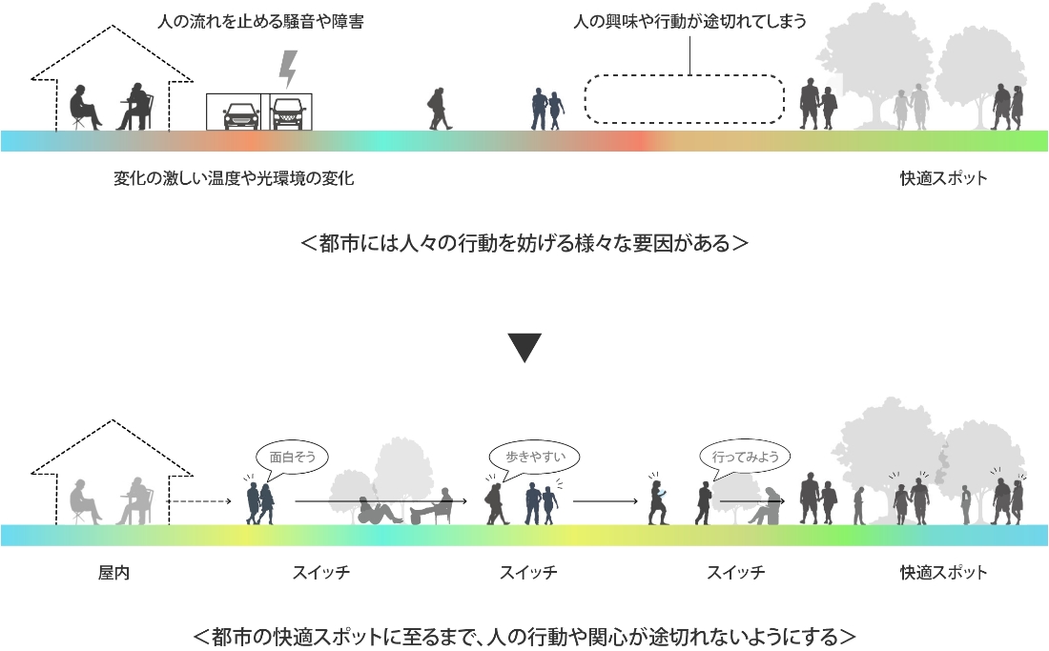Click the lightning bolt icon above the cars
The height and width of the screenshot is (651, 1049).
pyautogui.click(x=287, y=69)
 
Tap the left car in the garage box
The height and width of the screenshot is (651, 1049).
pyautogui.click(x=240, y=114)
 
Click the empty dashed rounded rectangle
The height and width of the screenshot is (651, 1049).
pyautogui.click(x=684, y=98)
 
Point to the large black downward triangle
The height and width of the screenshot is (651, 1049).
pyautogui.click(x=524, y=347)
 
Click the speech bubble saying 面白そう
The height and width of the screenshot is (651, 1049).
pyautogui.click(x=291, y=457)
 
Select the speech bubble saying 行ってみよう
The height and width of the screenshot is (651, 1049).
pyautogui.click(x=745, y=457)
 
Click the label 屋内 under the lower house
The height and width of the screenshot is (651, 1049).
pyautogui.click(x=113, y=573)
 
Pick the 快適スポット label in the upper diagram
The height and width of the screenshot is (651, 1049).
pyautogui.click(x=943, y=178)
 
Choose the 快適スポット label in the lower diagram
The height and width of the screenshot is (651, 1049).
pyautogui.click(x=943, y=573)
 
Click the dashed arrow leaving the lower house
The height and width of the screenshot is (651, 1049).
pyautogui.click(x=199, y=499)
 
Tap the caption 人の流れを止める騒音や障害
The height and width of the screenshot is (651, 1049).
pyautogui.click(x=259, y=22)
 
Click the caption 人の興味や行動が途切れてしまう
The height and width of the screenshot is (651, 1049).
pyautogui.click(x=690, y=22)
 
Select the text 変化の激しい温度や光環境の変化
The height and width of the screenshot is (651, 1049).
pyautogui.click(x=234, y=178)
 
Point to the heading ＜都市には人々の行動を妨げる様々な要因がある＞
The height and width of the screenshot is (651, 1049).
pyautogui.click(x=524, y=243)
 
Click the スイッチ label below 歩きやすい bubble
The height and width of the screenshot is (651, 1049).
pyautogui.click(x=528, y=573)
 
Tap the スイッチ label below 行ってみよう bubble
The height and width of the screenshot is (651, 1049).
pyautogui.click(x=735, y=573)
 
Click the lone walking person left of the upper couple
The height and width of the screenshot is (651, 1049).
pyautogui.click(x=440, y=109)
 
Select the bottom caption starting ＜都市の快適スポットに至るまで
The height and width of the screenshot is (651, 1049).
pyautogui.click(x=524, y=636)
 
